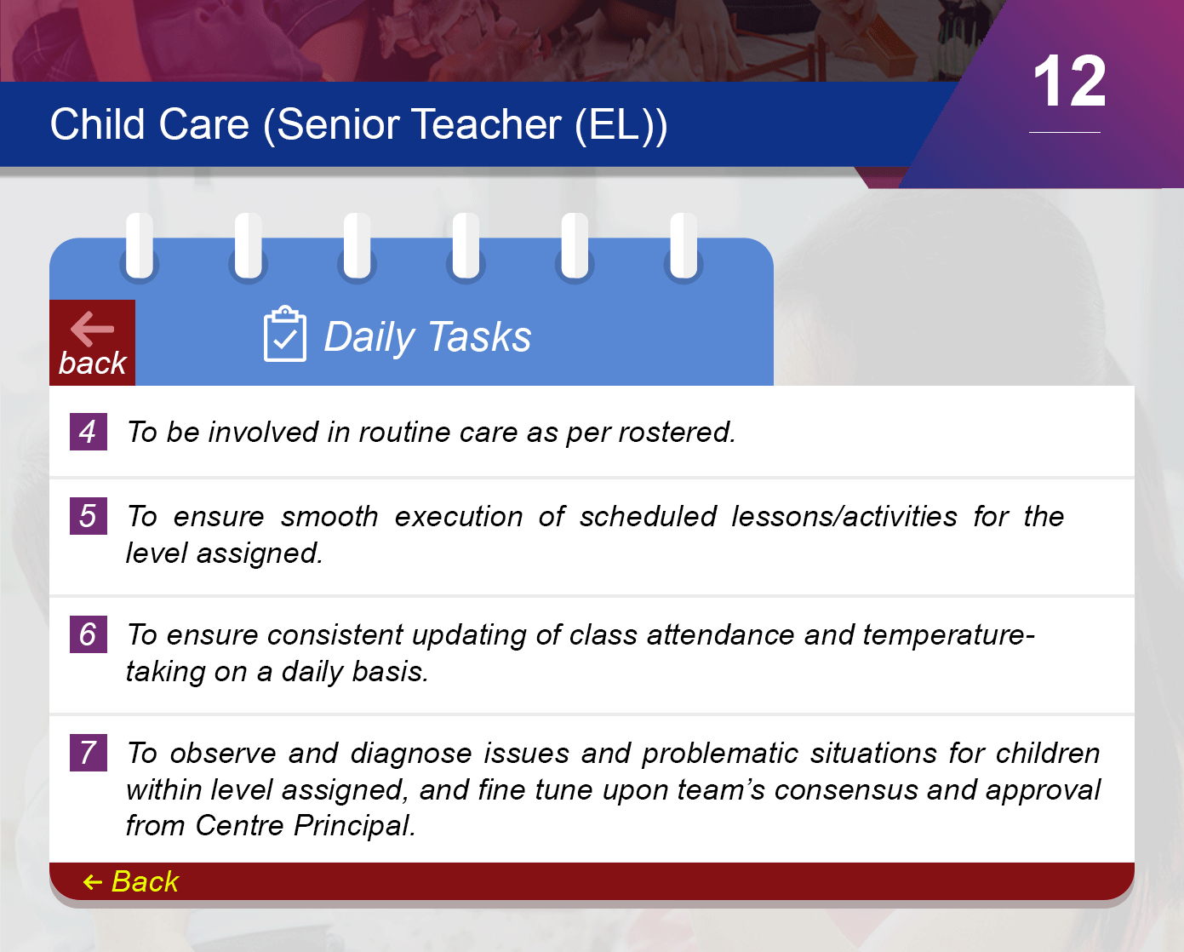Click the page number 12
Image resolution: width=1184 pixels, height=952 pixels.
[x=1069, y=81]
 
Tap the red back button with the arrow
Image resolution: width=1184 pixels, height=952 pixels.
[x=93, y=342]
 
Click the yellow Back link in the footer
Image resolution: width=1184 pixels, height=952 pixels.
[x=131, y=881]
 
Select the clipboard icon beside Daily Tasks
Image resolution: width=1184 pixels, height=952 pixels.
[x=285, y=334]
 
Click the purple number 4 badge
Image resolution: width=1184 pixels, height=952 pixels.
[x=88, y=432]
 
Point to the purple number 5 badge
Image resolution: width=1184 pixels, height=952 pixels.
[x=88, y=516]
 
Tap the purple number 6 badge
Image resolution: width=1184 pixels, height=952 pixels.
[x=88, y=634]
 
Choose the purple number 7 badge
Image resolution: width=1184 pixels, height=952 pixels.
[x=88, y=753]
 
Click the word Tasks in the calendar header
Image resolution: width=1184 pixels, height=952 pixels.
[x=480, y=336]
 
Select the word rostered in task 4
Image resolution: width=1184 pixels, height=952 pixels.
[x=677, y=433]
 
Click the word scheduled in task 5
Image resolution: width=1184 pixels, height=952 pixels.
[x=648, y=517]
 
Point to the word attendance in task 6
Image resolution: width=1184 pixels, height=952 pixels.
[x=720, y=635]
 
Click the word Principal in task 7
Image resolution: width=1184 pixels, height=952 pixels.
[x=354, y=826]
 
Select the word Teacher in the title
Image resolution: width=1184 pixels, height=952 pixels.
[x=486, y=124]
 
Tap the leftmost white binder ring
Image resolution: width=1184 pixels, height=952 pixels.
[x=140, y=245]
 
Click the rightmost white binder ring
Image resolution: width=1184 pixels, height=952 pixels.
[x=684, y=245]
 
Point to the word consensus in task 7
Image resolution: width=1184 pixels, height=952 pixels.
[x=846, y=790]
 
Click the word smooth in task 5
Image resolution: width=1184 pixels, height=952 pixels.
[x=329, y=517]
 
